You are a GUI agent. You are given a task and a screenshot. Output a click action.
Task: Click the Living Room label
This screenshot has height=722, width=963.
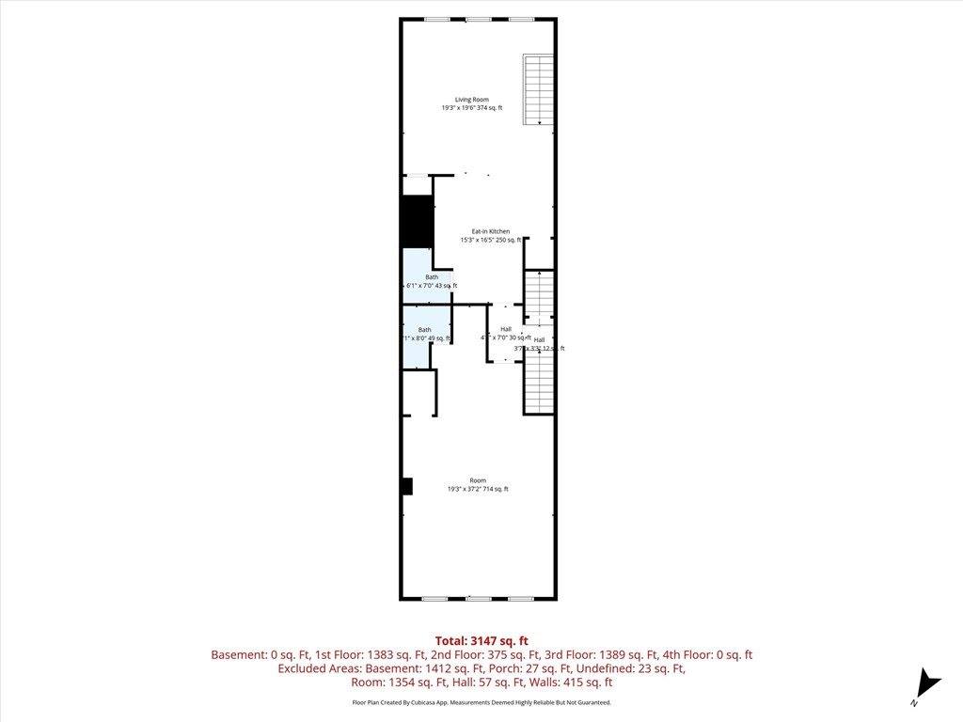pyautogui.click(x=472, y=99)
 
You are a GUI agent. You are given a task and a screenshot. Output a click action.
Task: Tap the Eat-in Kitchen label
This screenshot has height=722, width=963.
pyautogui.click(x=490, y=231)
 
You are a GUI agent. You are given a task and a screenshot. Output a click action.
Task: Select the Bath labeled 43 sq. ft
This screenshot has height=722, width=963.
pyautogui.click(x=432, y=277)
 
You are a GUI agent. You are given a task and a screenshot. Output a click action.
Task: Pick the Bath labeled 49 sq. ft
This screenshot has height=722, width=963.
pyautogui.click(x=425, y=330)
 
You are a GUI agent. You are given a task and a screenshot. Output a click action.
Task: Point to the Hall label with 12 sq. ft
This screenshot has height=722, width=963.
pyautogui.click(x=539, y=339)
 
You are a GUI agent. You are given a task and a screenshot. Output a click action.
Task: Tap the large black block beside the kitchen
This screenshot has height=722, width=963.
pyautogui.click(x=417, y=223)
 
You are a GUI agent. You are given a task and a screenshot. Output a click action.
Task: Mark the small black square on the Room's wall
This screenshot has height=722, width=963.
pyautogui.click(x=407, y=486)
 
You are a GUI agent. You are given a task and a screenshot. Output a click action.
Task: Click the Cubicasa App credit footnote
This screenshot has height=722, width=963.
pyautogui.click(x=481, y=702)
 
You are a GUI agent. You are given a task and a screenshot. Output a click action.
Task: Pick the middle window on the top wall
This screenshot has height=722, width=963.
pyautogui.click(x=478, y=19)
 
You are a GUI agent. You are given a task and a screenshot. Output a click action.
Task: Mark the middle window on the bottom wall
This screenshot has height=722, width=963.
pyautogui.click(x=478, y=599)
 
